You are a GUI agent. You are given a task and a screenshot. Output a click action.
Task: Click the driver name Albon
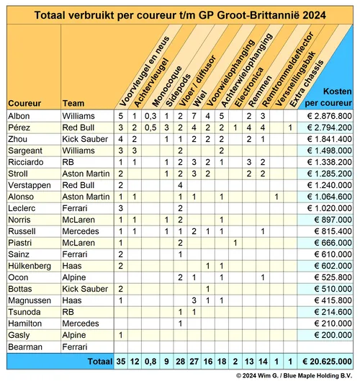19,115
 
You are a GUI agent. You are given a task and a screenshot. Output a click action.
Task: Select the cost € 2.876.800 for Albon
326,115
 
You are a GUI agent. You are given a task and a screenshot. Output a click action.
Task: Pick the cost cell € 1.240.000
326,184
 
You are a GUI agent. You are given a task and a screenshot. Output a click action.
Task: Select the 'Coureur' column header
24,102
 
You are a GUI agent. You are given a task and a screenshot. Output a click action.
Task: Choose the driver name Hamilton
24,323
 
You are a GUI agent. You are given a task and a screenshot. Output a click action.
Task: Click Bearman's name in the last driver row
24,346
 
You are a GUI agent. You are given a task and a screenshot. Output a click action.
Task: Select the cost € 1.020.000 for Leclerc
326,207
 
